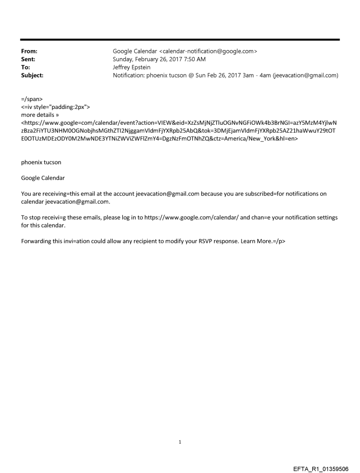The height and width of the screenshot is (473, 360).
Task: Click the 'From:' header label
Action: [29, 51]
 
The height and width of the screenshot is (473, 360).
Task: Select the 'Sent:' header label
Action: [28, 59]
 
